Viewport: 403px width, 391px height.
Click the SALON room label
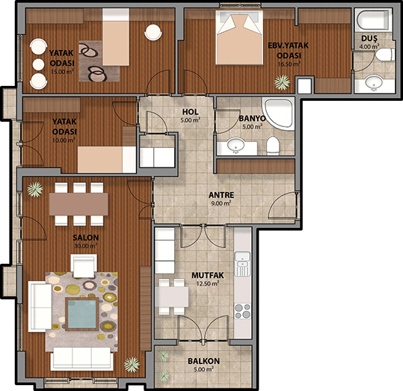point(85,237)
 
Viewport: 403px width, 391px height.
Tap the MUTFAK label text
point(208,275)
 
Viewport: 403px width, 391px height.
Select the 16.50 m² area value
point(289,64)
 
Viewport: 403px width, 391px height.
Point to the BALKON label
point(203,361)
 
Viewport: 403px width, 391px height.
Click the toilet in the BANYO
point(272,146)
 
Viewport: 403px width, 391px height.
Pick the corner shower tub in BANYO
point(278,114)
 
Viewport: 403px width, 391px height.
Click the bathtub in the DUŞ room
point(373,20)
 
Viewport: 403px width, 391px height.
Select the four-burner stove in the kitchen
point(242,311)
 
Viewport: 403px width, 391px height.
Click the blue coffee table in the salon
point(82,314)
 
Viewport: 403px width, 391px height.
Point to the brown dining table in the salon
point(79,204)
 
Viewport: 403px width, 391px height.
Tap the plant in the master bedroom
point(282,82)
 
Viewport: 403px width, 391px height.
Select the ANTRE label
point(221,195)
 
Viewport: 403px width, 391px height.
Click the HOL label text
point(191,112)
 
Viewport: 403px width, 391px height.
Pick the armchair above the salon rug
point(84,266)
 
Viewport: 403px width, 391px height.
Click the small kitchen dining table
point(172,296)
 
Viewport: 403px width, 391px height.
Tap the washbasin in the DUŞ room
point(374,83)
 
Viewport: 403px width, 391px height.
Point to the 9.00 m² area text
point(221,203)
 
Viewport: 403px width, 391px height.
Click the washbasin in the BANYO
point(236,146)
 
